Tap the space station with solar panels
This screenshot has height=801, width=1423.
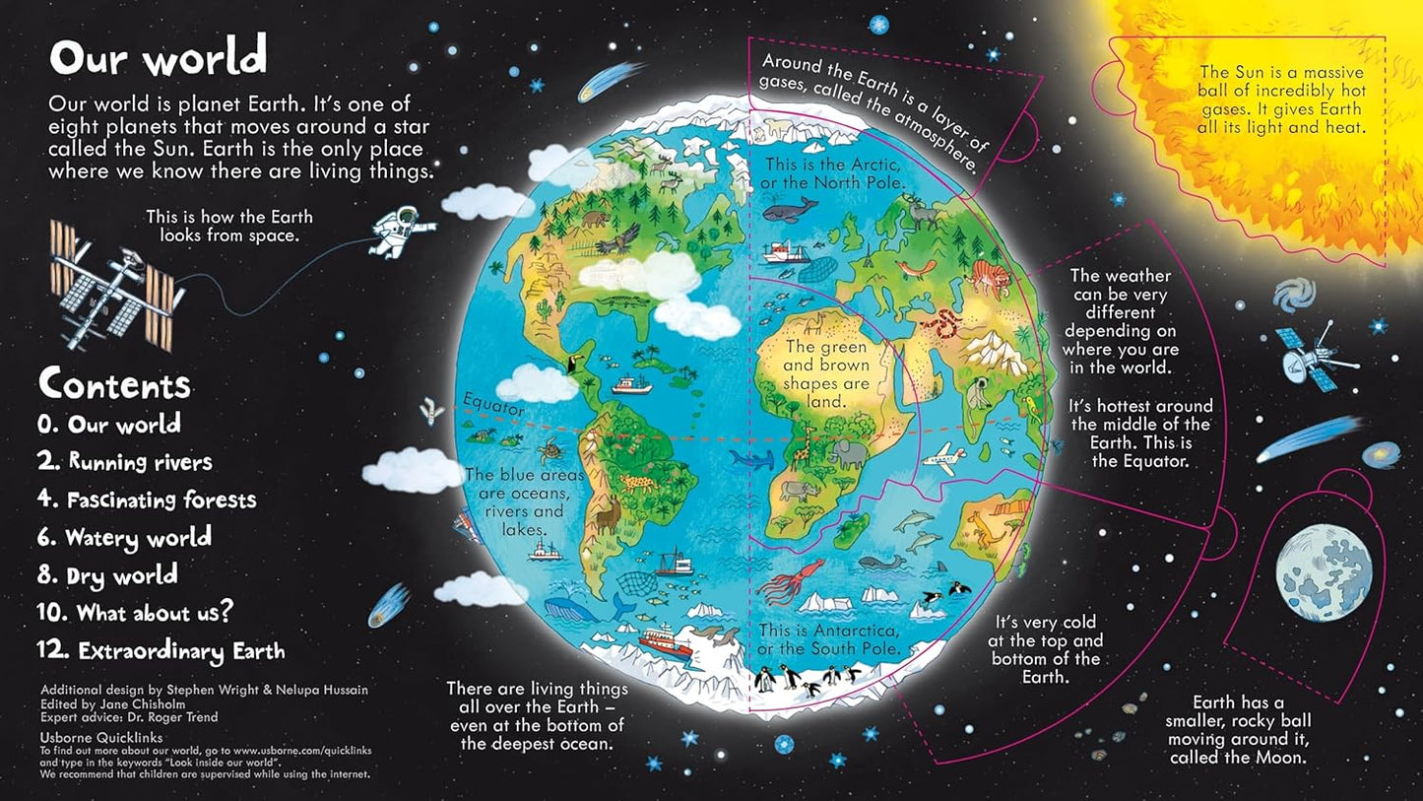coord(117,284)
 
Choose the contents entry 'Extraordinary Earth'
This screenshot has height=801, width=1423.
coord(162,651)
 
